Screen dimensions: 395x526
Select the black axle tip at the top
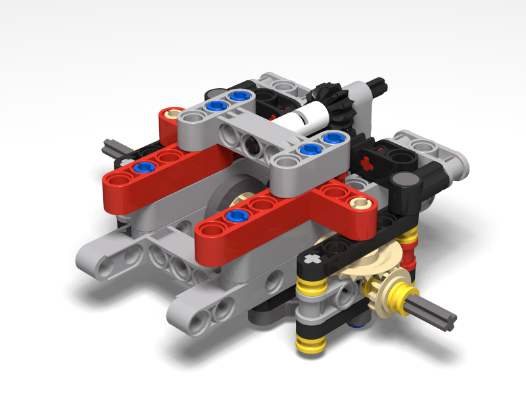tap(379, 83)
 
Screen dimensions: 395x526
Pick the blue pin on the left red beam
tap(140, 168)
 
